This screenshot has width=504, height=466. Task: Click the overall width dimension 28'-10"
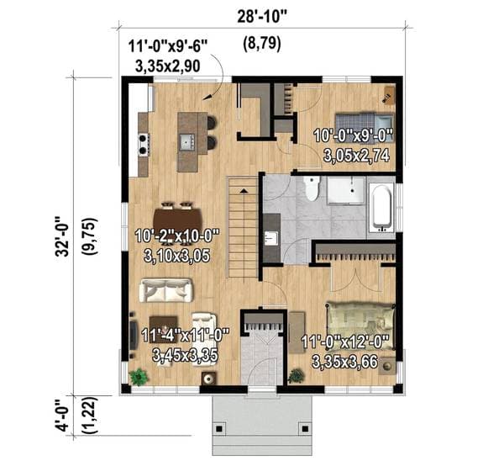click(261, 17)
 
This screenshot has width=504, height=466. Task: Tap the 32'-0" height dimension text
click(62, 236)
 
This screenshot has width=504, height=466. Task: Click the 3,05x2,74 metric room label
click(356, 156)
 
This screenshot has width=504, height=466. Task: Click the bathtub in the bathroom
click(381, 208)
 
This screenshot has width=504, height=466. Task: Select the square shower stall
click(346, 190)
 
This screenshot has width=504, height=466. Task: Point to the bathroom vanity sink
click(270, 238)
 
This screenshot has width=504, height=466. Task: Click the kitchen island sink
click(187, 142)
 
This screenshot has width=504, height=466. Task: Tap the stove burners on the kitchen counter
click(144, 144)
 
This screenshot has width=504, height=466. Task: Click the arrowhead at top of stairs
click(244, 191)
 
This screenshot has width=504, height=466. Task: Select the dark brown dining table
click(178, 221)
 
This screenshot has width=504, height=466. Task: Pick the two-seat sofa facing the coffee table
click(165, 290)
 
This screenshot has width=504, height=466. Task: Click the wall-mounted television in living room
click(133, 335)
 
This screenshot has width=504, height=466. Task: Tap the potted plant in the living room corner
click(139, 377)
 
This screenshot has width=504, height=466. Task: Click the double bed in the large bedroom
click(360, 326)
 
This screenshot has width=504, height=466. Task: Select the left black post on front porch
click(219, 429)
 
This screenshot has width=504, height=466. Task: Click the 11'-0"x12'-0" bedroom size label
click(345, 342)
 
